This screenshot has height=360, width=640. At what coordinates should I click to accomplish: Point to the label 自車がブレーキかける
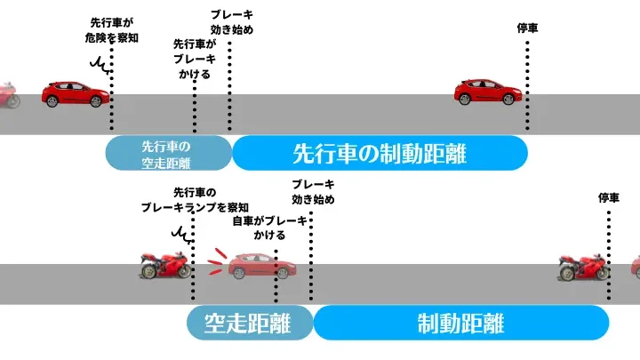269,228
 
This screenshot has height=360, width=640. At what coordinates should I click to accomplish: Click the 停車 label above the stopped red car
527,28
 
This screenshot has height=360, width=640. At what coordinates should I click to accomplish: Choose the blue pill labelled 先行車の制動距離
380,153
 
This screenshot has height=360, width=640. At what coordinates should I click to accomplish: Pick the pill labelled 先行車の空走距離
167,153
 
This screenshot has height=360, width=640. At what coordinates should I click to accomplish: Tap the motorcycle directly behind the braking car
165,264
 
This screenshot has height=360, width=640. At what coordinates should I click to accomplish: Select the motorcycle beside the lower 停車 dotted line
583,265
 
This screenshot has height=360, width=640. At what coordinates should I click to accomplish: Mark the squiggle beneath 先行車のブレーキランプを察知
183,233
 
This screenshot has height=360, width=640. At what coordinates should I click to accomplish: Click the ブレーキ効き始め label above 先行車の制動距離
231,21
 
